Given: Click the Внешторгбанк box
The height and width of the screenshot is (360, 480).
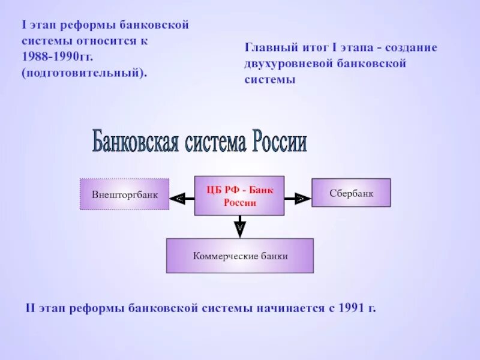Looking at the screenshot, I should pyautogui.click(x=125, y=194).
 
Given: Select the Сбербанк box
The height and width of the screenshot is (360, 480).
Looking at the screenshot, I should pyautogui.click(x=351, y=193).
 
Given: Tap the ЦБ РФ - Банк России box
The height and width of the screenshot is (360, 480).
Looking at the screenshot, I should pyautogui.click(x=239, y=196).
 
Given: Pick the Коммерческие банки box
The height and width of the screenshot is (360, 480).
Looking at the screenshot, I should pyautogui.click(x=240, y=256).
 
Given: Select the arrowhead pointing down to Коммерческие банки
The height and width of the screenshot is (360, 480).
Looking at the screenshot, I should pyautogui.click(x=239, y=228).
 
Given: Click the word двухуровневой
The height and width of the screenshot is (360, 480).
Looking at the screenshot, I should pyautogui.click(x=284, y=63).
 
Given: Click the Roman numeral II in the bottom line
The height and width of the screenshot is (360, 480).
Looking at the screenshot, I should pyautogui.click(x=31, y=308).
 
